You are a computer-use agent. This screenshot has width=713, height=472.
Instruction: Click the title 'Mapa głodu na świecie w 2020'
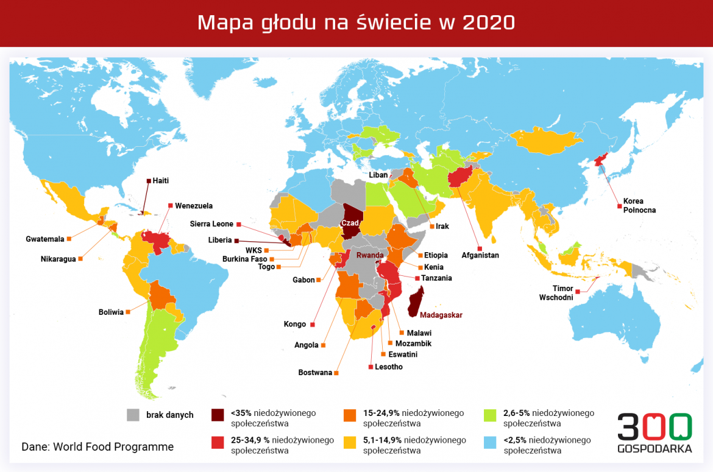356,23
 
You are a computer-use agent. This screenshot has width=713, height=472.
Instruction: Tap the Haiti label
160,180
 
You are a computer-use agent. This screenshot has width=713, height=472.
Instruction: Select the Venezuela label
193,206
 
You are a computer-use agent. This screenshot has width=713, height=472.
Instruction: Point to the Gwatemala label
44,239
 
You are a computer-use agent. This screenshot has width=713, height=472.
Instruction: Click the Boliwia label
111,312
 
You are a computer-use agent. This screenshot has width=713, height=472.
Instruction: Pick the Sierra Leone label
211,224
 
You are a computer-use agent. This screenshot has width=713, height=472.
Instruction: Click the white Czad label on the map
350,224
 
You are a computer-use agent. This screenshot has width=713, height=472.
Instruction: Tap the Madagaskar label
441,315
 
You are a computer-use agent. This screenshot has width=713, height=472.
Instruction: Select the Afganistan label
480,255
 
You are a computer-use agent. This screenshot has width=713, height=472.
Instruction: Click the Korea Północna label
633,205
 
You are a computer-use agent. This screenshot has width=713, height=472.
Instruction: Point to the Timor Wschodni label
556,294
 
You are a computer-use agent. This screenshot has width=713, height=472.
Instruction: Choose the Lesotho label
388,367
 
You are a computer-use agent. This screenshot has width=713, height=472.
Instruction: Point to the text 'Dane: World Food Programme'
98,446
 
